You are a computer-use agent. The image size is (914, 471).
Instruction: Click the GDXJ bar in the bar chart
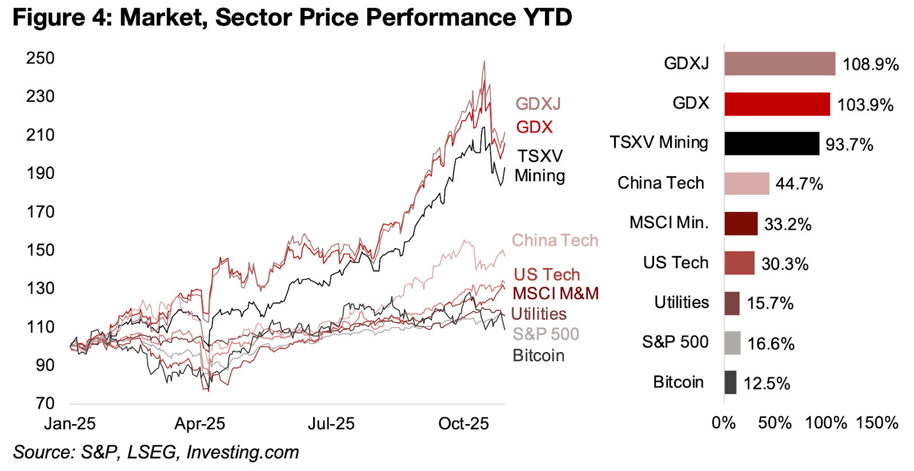(x=779, y=63)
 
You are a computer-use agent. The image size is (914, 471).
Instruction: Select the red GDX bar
(x=777, y=104)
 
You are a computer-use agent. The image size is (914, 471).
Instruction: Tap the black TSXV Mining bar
(x=771, y=143)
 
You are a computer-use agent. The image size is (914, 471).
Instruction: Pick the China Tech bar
(x=747, y=183)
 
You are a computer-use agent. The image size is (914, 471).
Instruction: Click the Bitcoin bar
(x=730, y=382)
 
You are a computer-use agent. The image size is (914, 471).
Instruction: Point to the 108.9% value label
(x=871, y=64)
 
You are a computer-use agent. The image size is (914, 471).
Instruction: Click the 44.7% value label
(x=799, y=184)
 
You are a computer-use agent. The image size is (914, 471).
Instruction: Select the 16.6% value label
(x=771, y=344)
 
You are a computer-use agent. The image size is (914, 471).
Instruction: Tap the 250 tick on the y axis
(x=41, y=58)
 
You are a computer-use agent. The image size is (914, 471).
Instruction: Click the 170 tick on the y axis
(x=41, y=212)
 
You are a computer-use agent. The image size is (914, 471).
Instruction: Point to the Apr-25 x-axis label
(x=199, y=424)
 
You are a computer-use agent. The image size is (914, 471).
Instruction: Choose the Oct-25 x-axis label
(x=463, y=424)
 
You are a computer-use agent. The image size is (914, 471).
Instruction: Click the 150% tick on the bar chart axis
(x=877, y=423)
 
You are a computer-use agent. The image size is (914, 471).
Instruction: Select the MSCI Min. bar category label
(x=668, y=223)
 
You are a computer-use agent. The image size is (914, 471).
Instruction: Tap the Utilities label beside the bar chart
(x=682, y=302)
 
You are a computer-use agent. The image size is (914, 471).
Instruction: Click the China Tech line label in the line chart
(x=555, y=241)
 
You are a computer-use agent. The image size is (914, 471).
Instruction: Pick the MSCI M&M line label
(x=555, y=294)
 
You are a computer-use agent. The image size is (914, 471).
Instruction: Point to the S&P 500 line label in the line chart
(x=546, y=334)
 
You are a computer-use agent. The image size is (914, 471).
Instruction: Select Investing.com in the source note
(x=242, y=452)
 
